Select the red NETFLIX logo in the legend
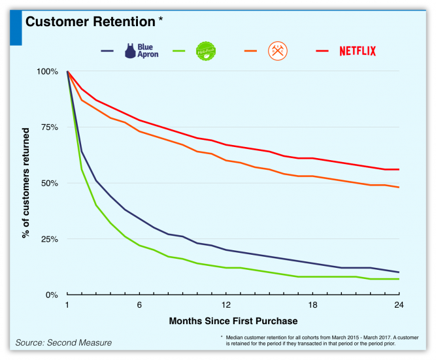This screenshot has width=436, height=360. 357,51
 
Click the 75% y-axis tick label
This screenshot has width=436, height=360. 49,127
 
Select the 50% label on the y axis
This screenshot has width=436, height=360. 49,183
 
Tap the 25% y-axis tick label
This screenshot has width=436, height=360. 49,239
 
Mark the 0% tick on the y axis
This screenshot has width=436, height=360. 52,295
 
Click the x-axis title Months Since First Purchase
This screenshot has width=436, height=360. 233,321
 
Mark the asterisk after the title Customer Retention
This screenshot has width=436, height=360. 161,20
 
